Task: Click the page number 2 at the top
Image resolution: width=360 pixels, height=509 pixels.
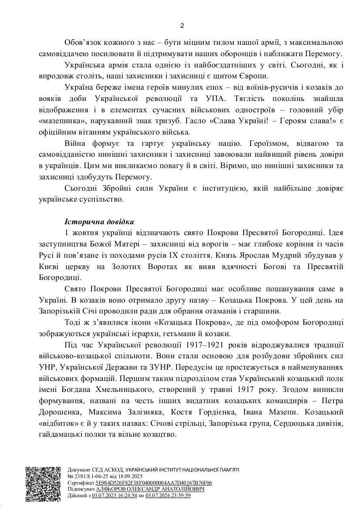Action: pyautogui.click(x=182, y=25)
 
